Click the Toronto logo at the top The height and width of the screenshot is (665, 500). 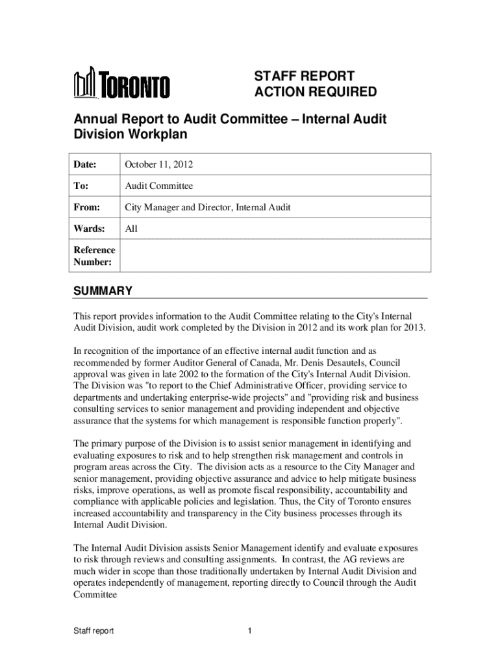click(121, 84)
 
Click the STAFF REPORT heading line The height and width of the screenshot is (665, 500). click(304, 76)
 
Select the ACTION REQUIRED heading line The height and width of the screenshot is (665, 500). click(314, 92)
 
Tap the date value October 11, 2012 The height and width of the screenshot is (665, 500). click(159, 165)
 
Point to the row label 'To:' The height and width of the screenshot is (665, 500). click(81, 186)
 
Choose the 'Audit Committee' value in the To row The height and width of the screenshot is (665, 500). click(159, 186)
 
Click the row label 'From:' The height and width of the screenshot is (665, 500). click(87, 208)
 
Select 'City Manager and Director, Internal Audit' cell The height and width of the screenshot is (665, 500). click(208, 208)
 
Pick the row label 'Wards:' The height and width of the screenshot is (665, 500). click(88, 229)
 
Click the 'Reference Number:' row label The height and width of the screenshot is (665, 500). click(94, 256)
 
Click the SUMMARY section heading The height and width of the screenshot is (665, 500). click(103, 291)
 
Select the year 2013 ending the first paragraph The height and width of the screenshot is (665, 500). click(413, 327)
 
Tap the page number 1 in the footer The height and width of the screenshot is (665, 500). click(250, 631)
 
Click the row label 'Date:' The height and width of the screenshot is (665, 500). click(85, 165)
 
